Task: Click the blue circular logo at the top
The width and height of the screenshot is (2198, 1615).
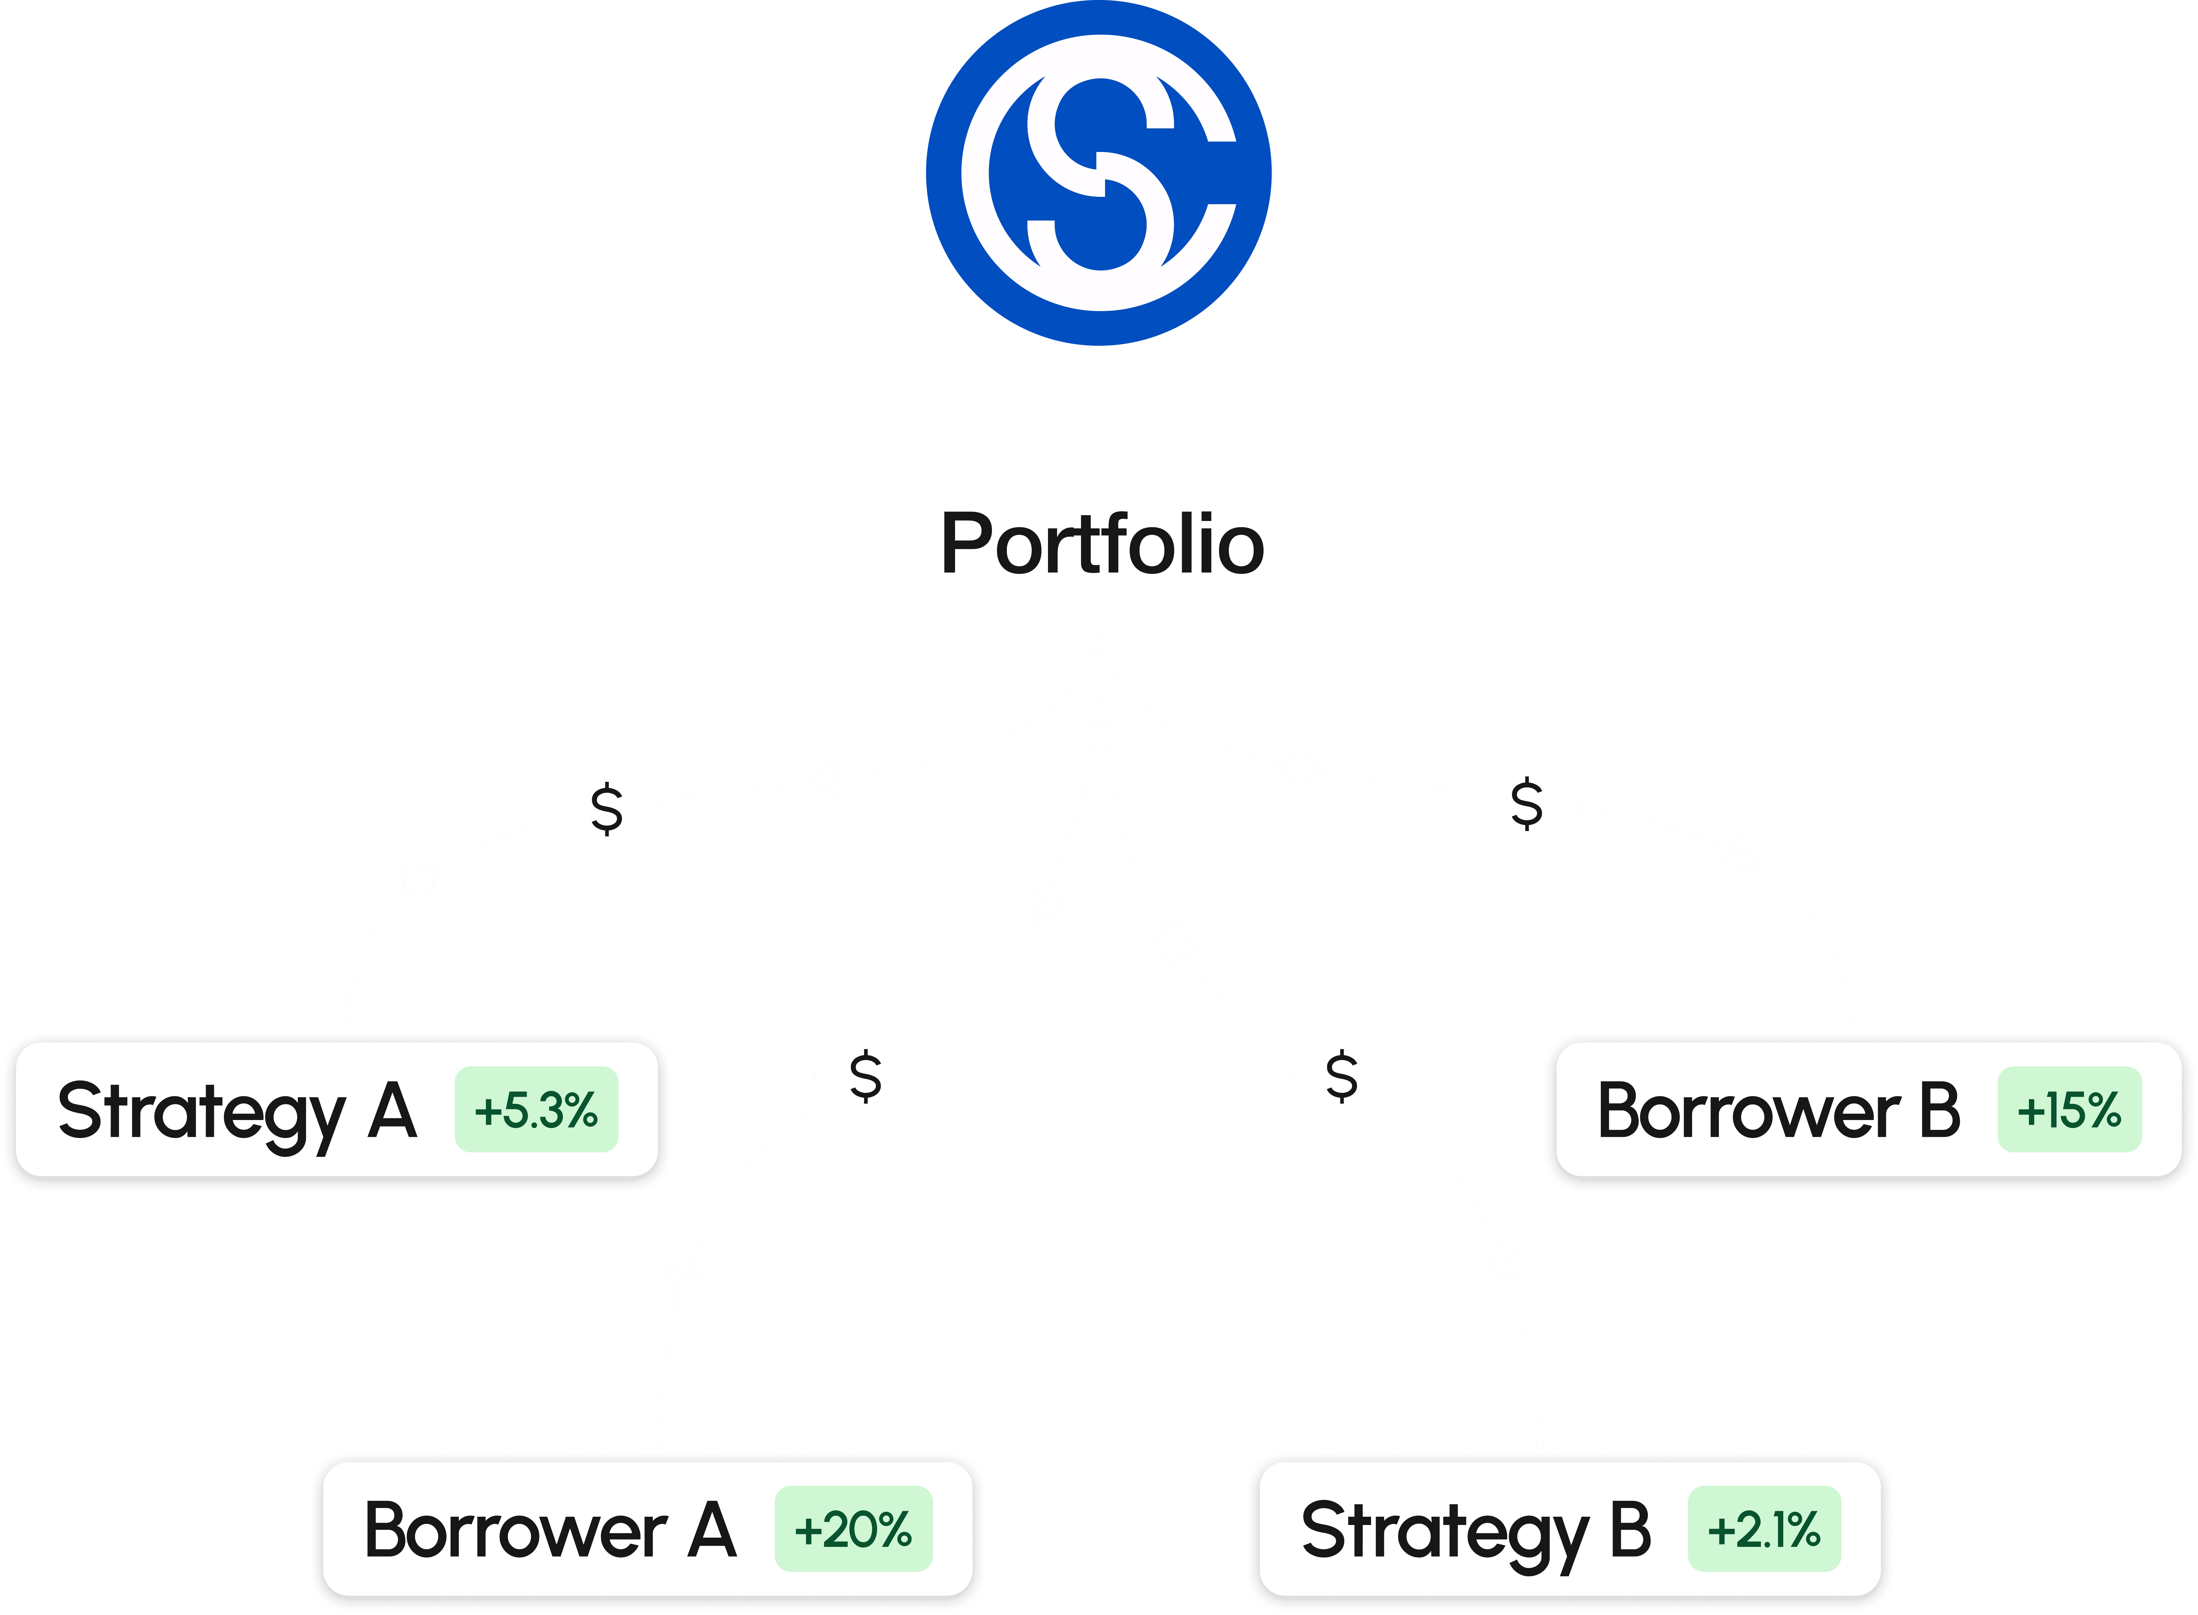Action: point(1098,173)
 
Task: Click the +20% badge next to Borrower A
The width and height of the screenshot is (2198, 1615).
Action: point(853,1529)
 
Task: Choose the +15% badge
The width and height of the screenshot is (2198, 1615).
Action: point(2069,1110)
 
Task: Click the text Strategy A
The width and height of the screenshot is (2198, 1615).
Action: point(237,1111)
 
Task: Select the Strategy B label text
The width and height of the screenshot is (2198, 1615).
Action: point(1476,1531)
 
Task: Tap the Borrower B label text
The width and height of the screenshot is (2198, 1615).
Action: point(1779,1111)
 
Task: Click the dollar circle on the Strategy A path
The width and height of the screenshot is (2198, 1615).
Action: point(607,809)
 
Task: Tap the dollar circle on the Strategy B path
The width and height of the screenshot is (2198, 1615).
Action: point(1342,1075)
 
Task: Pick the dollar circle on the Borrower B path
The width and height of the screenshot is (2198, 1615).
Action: point(1527,803)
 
